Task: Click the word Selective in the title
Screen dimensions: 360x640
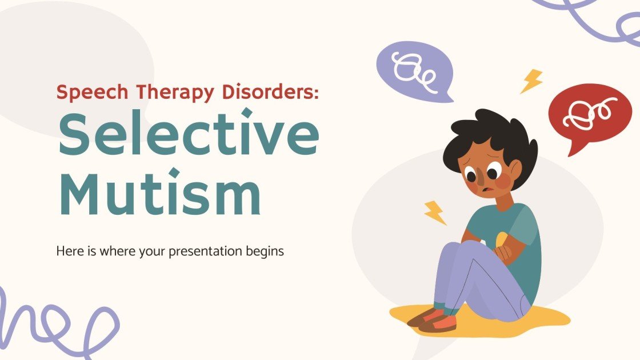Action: pyautogui.click(x=188, y=133)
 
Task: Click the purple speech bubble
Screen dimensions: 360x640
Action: pyautogui.click(x=413, y=70)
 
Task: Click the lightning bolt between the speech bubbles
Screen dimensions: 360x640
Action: pyautogui.click(x=531, y=82)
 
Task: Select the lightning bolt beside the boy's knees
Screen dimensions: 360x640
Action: pyautogui.click(x=435, y=213)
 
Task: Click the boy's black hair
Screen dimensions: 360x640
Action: pyautogui.click(x=491, y=134)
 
